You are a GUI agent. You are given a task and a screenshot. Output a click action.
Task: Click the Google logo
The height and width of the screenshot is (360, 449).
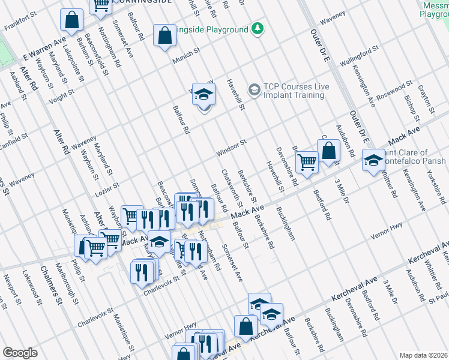pos(20,353)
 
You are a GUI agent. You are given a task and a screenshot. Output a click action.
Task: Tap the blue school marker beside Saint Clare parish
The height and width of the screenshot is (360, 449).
pos(373,160)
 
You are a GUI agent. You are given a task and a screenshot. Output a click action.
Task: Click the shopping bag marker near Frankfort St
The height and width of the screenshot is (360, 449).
pos(71,20)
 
